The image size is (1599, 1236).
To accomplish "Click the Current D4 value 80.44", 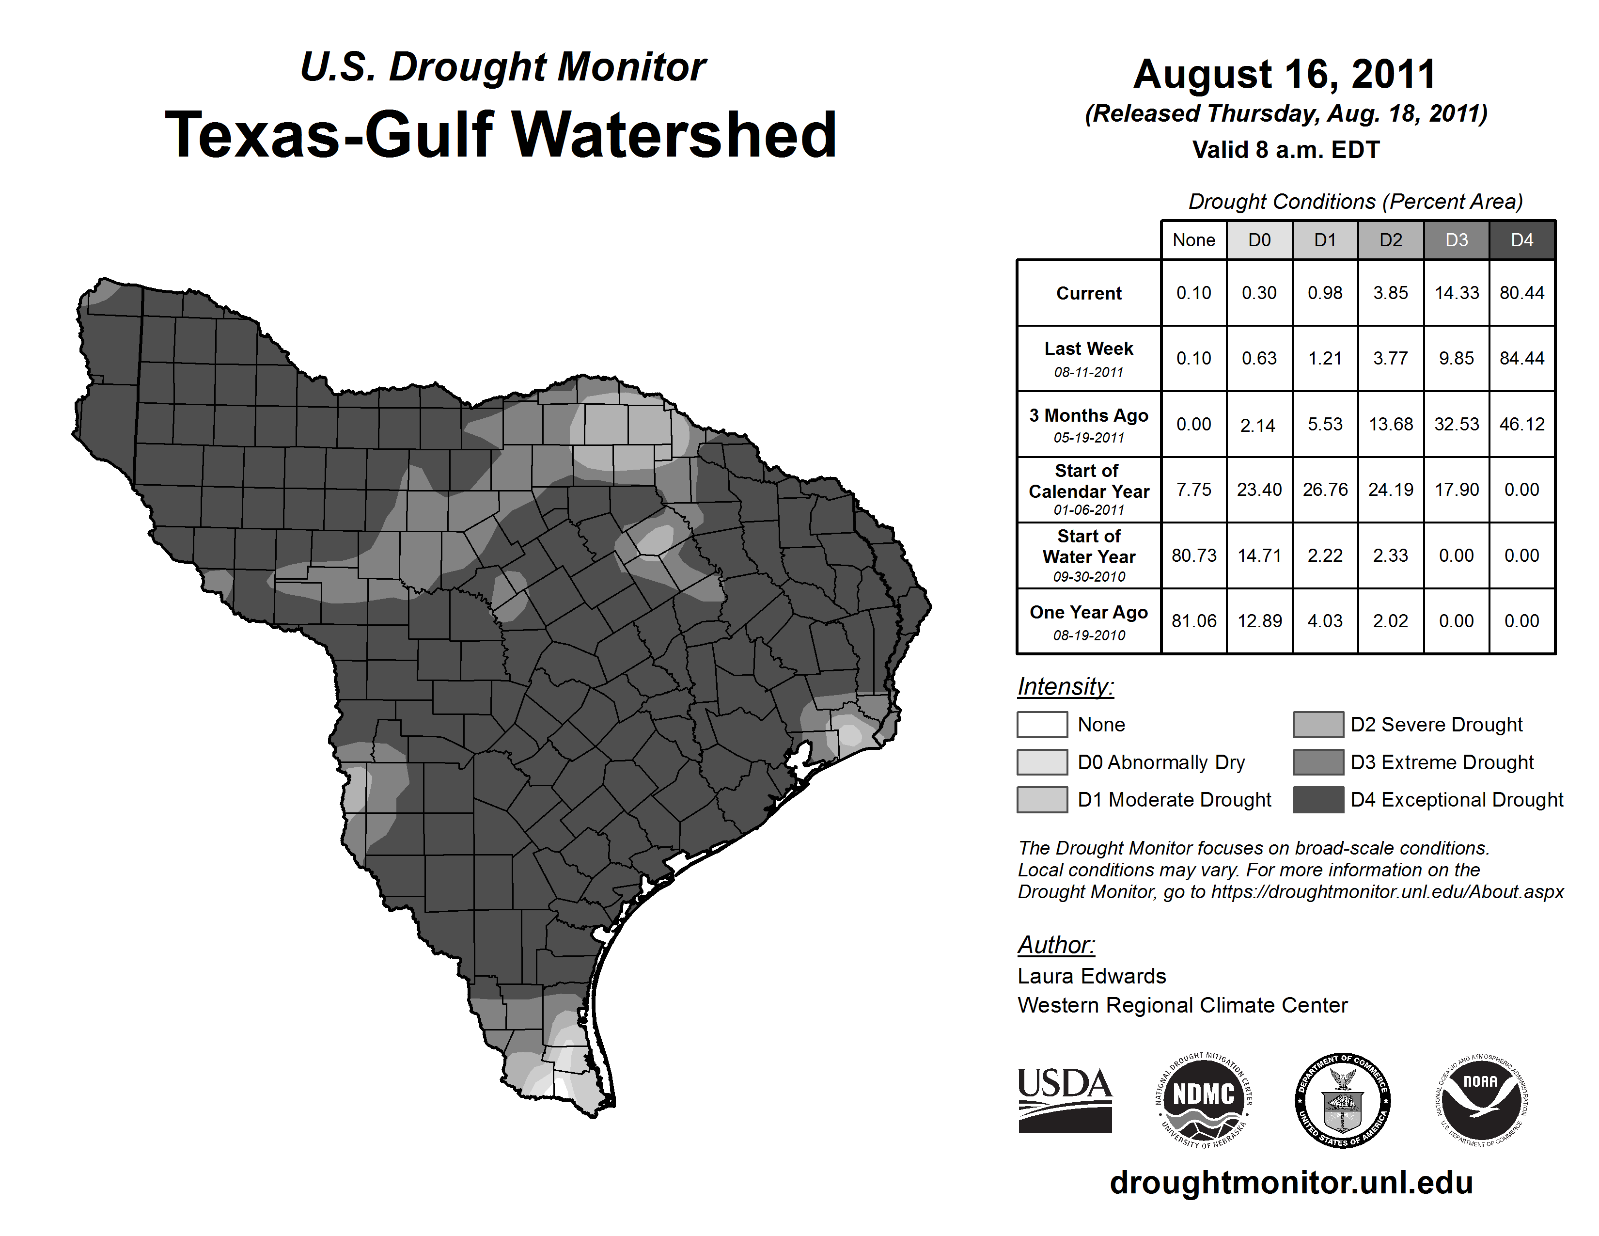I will [1521, 293].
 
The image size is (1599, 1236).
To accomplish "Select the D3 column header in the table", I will [1456, 240].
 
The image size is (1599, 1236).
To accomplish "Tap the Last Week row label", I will [1089, 358].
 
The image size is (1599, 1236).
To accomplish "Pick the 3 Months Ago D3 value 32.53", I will [1456, 424].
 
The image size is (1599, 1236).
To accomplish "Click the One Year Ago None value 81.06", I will [1193, 621].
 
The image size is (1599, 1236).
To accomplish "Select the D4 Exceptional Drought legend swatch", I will [1318, 800].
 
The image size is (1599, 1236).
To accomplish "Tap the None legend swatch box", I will [1042, 724].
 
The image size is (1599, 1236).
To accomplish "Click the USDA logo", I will [1065, 1101].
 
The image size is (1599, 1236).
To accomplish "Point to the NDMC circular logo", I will [1204, 1101].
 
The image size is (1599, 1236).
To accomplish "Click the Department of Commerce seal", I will [1342, 1101].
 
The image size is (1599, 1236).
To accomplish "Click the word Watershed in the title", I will [674, 135].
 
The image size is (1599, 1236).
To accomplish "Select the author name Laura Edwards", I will [1092, 976].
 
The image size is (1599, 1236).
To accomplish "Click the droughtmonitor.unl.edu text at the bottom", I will [1291, 1183].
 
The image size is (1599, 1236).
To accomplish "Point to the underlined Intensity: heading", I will [1065, 687].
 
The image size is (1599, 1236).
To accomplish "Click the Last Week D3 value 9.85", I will [1456, 358].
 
